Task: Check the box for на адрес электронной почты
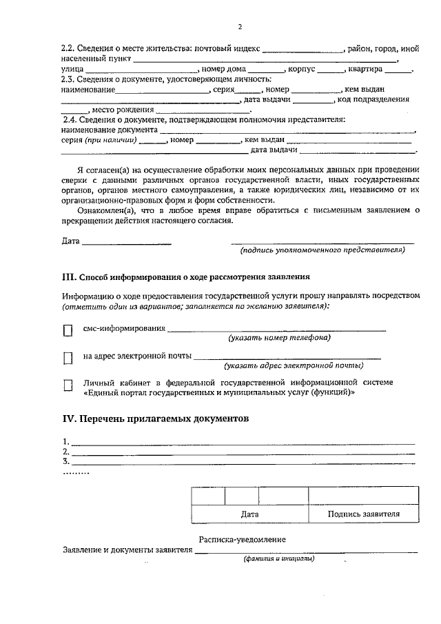pyautogui.click(x=68, y=358)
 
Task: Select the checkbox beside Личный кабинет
pyautogui.click(x=68, y=386)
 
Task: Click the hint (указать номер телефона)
pyautogui.click(x=279, y=338)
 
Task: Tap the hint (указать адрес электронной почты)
pyautogui.click(x=293, y=365)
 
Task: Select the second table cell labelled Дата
pyautogui.click(x=249, y=514)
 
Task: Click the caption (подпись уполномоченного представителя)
pyautogui.click(x=322, y=250)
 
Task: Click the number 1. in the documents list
pyautogui.click(x=65, y=441)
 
